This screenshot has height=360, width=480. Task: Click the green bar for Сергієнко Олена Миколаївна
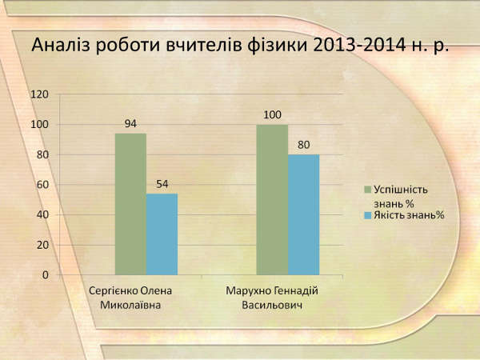(130, 204)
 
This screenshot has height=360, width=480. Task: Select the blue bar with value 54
(162, 234)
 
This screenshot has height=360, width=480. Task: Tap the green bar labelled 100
(272, 199)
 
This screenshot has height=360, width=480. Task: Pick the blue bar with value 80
(304, 214)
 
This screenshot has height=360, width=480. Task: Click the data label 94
(130, 124)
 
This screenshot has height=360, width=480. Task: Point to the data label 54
(162, 184)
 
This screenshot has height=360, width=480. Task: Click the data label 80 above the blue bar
(304, 145)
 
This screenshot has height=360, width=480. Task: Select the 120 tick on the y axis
(39, 94)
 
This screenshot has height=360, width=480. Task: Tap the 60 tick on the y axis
(42, 185)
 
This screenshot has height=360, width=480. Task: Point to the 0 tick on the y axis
(46, 275)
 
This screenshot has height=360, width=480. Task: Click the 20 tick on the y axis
(42, 245)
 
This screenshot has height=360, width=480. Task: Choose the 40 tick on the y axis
(42, 215)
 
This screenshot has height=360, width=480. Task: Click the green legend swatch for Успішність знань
(368, 190)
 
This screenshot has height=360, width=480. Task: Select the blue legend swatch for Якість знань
(368, 215)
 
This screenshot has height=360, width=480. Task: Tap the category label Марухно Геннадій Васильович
(272, 298)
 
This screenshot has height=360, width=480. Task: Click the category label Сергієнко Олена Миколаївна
(130, 298)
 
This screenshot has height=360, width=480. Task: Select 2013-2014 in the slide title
(356, 46)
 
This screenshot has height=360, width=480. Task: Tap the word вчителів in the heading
(205, 46)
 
